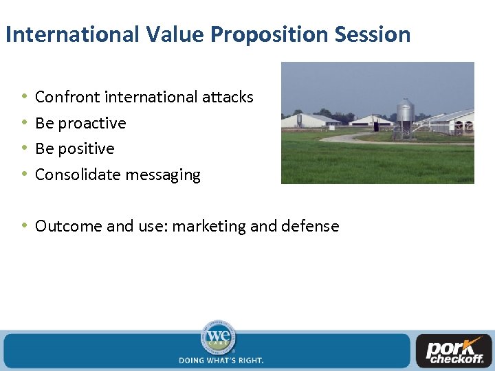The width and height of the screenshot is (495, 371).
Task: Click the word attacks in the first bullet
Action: (228, 98)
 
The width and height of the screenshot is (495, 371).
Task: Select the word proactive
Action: (92, 124)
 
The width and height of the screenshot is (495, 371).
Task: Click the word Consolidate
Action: (76, 175)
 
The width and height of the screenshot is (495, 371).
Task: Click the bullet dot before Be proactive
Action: (23, 123)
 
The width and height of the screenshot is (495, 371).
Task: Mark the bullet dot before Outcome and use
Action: (23, 225)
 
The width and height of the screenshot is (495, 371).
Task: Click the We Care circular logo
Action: (218, 337)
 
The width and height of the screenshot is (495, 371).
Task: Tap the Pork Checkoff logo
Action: (453, 351)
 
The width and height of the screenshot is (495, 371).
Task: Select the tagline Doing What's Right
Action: (221, 360)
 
